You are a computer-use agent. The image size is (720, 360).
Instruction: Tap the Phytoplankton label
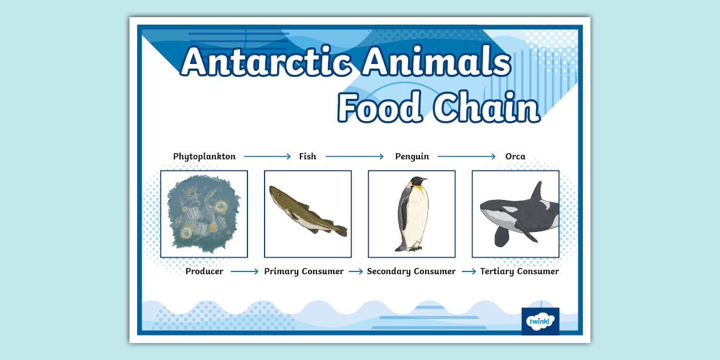204,157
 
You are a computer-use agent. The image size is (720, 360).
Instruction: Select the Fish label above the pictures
307,157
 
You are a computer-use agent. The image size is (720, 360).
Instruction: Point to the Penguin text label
412,157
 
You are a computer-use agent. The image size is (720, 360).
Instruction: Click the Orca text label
515,157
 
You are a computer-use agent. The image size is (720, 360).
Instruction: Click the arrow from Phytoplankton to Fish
267,157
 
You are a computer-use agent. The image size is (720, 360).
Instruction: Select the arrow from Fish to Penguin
355,157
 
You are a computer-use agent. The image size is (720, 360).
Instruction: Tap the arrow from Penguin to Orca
467,157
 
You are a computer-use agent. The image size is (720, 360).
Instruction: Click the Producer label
204,271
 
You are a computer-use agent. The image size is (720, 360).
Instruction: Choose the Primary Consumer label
304,271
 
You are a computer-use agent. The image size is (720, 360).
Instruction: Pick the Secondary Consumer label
411,271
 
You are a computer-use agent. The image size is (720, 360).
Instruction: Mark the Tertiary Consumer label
519,271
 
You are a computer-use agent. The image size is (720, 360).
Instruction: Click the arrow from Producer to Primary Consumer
245,271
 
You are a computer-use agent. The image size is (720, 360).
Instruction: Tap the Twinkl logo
540,321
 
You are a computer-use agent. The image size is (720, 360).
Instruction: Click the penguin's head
418,183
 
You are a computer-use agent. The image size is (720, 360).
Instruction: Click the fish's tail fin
341,230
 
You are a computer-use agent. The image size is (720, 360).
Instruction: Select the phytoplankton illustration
204,214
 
